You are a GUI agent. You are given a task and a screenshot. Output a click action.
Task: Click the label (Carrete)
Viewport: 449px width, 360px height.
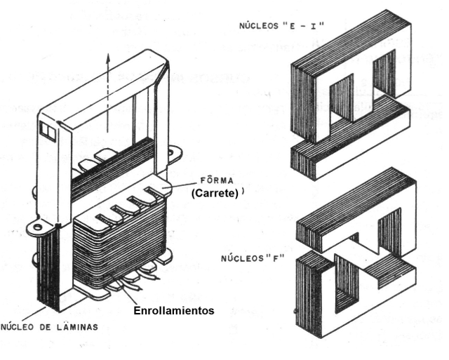213,194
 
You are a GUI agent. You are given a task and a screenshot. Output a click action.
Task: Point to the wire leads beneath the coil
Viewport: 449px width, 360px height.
130,284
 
